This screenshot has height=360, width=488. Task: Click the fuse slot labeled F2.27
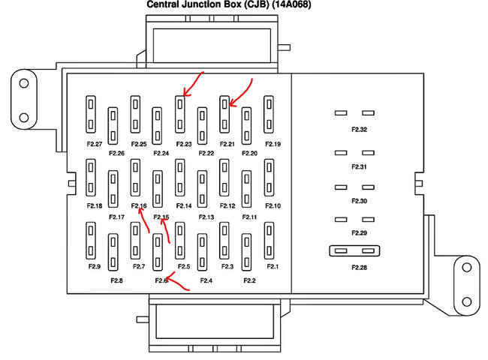tap(92, 113)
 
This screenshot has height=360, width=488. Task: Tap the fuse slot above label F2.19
tap(269, 113)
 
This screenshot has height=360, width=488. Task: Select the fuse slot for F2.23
tap(180, 113)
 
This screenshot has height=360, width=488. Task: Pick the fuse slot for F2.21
tap(224, 113)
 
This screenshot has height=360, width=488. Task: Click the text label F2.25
tap(139, 144)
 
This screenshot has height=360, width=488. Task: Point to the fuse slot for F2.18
tap(92, 177)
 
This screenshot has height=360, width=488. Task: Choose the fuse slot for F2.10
tap(269, 177)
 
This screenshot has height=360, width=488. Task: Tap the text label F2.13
tap(206, 217)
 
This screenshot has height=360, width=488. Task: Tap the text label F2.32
tap(359, 130)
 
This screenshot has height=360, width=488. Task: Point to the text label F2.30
tap(359, 202)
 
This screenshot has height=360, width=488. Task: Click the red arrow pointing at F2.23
tap(192, 84)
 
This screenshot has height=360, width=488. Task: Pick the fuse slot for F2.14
tap(180, 177)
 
